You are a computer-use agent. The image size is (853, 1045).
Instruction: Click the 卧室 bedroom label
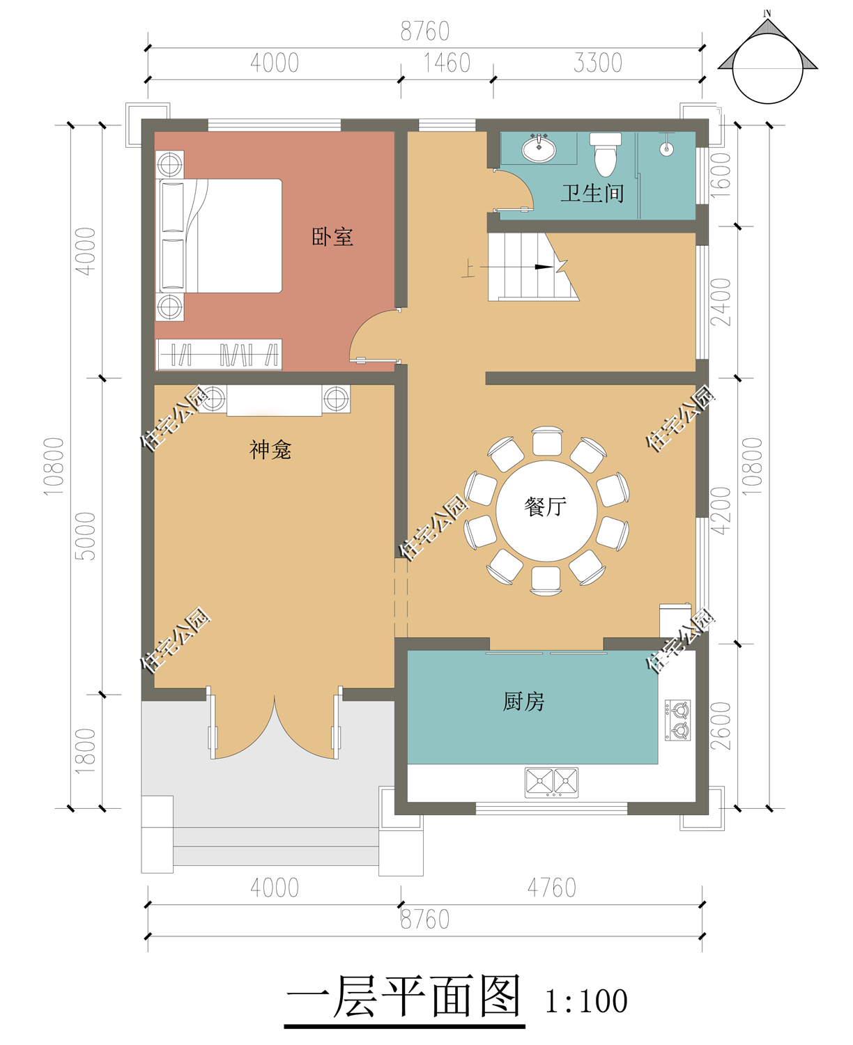[x=332, y=237]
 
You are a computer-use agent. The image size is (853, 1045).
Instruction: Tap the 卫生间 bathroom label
[x=592, y=193]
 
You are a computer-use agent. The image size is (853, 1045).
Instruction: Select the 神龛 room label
[x=270, y=449]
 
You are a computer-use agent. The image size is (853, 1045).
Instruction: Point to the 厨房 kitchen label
[x=523, y=701]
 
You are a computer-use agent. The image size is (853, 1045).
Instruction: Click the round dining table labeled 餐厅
[x=546, y=511]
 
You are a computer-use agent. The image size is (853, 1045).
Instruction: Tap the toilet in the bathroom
[x=605, y=154]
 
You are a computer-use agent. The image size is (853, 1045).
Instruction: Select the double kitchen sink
[x=551, y=782]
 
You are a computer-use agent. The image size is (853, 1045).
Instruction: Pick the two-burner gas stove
[x=677, y=720]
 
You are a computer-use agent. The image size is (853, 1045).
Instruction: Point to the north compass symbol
[x=767, y=59]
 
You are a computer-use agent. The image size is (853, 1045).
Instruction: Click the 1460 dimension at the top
[x=447, y=63]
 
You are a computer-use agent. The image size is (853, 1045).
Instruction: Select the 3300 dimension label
[x=597, y=63]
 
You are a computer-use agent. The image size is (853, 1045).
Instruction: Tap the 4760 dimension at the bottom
[x=552, y=888]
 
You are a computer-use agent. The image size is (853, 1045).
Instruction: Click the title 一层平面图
[x=404, y=996]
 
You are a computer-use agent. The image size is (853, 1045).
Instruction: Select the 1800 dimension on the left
[x=85, y=751]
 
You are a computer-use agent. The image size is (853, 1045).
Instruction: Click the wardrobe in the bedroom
[x=219, y=355]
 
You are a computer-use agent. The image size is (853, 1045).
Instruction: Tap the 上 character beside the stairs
[x=468, y=268]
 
